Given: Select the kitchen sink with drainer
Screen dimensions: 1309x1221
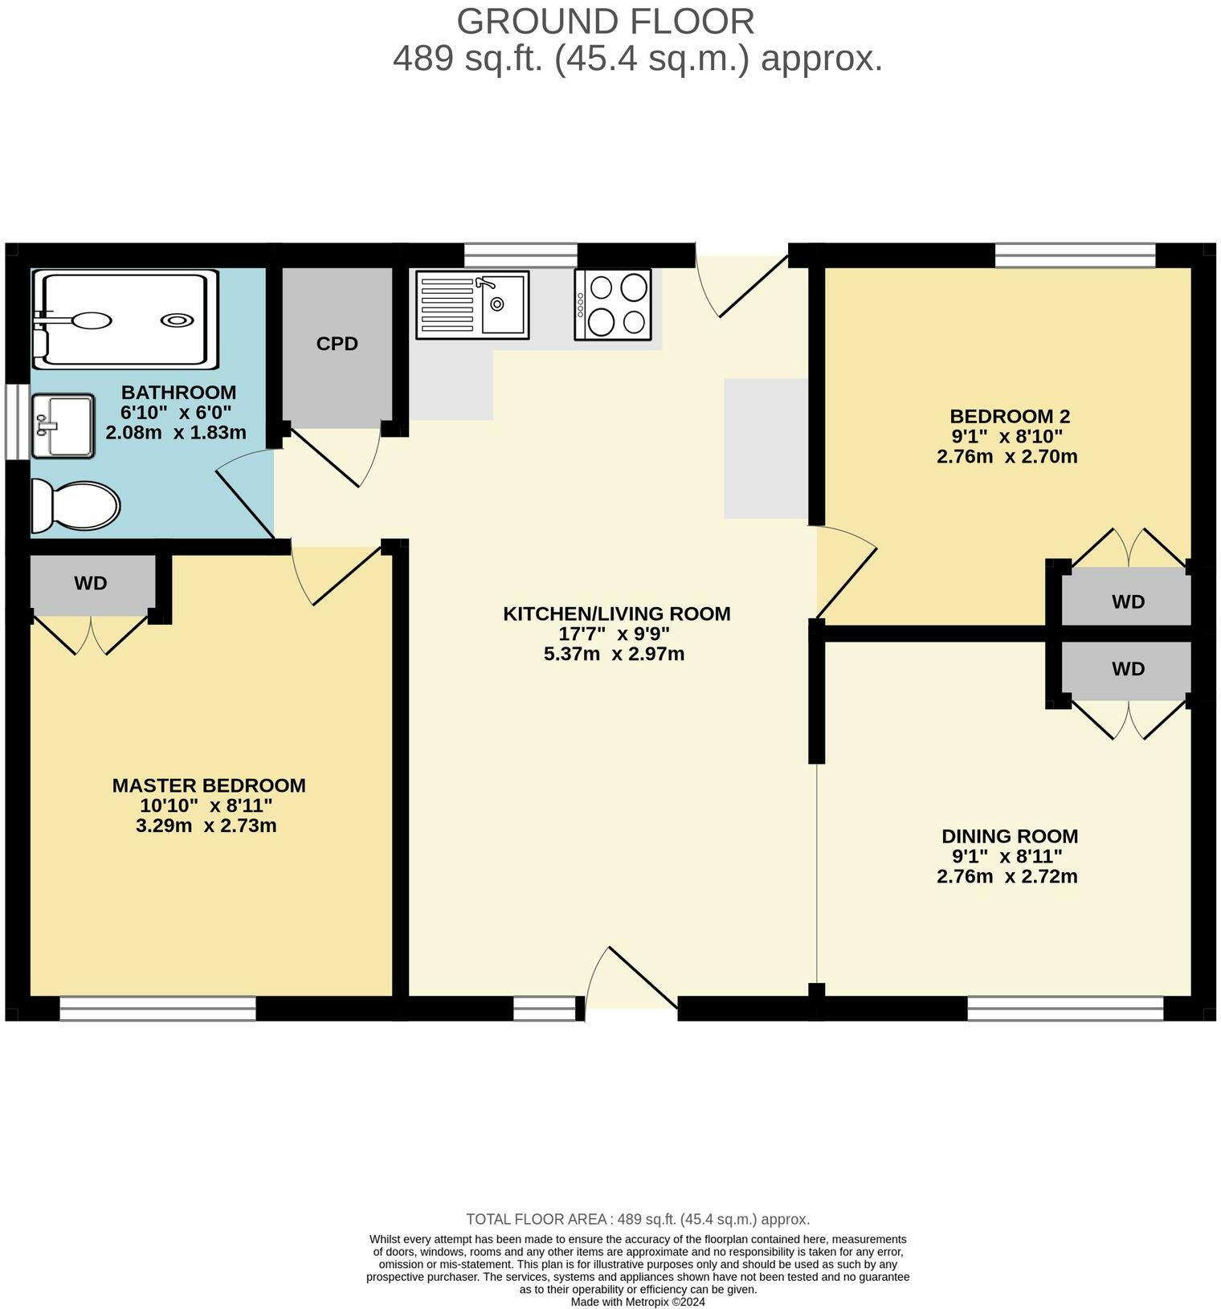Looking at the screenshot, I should pos(472,304).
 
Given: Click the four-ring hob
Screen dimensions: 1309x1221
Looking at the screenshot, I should pos(612,304).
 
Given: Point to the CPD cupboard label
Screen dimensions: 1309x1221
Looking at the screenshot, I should pos(337,344).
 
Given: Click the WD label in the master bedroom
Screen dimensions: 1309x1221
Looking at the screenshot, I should pos(91,584).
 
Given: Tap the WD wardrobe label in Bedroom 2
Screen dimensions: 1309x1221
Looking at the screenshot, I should pos(1128,601).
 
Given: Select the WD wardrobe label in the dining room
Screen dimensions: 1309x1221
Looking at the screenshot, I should pos(1128,669).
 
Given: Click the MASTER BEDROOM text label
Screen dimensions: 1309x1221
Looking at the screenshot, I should pos(209,785).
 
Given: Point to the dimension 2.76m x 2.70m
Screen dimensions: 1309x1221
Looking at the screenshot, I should pos(1007,457).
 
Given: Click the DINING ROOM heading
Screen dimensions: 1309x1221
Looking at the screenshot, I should pos(1010,836).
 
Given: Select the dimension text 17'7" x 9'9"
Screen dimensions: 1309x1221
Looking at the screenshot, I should pos(615,634).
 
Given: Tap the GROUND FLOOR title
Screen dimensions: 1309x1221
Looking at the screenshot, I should pos(606,22).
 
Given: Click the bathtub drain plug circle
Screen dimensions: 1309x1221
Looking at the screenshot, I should pos(177,320).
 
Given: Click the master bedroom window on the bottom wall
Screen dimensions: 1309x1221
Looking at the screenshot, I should pos(157,1009).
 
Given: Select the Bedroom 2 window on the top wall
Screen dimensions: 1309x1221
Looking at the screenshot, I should pos(1075,255).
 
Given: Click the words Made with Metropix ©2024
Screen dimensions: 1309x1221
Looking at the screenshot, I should pos(638,1302).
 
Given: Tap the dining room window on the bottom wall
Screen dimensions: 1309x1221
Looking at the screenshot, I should pos(1065,1009).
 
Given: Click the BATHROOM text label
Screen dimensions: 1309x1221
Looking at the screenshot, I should pos(178,393).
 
